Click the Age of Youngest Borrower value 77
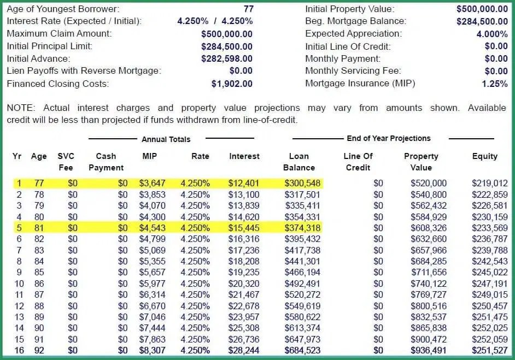[248, 9]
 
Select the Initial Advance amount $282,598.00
[227, 58]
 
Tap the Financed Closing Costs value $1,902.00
[232, 84]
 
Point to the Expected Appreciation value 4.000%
[492, 34]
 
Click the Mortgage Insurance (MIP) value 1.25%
[495, 84]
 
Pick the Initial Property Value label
[349, 9]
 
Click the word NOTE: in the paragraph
[20, 108]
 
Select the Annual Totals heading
[166, 139]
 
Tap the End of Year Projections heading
[389, 138]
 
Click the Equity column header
[485, 156]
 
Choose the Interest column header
[244, 156]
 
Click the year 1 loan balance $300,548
[303, 184]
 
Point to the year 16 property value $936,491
[429, 350]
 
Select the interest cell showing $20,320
[244, 284]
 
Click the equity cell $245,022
[490, 272]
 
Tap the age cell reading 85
[39, 272]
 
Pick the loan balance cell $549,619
[303, 306]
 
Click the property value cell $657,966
[429, 250]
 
